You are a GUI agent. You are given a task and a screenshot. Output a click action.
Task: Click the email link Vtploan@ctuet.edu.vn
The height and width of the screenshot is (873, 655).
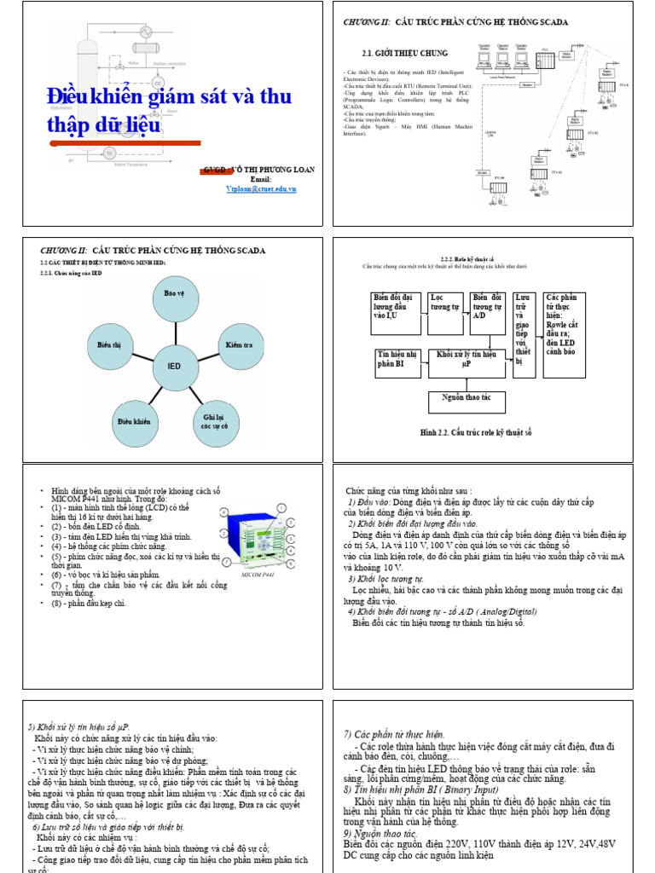click(x=262, y=189)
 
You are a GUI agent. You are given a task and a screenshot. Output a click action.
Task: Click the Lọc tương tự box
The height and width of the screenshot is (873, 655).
click(x=445, y=313)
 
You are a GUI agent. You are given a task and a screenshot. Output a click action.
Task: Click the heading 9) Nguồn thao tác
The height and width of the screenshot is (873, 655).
click(x=380, y=833)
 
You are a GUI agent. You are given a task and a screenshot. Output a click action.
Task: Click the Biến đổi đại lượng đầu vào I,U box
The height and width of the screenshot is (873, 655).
click(x=397, y=313)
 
